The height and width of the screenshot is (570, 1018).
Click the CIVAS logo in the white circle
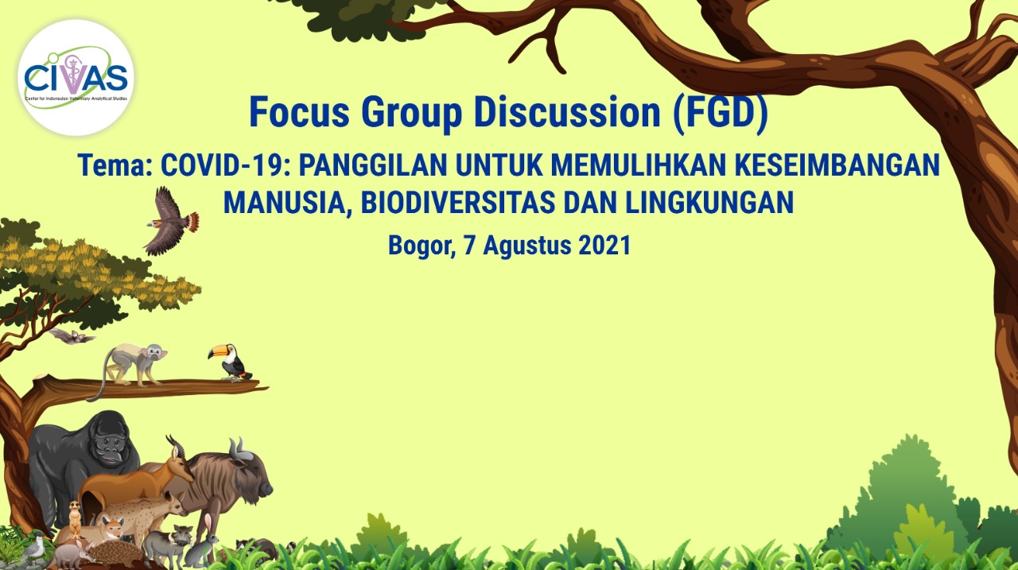tap(76, 78)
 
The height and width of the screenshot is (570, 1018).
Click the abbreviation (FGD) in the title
tap(721, 113)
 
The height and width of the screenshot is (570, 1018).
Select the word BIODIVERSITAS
tap(457, 202)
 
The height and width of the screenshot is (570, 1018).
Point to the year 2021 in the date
tap(604, 246)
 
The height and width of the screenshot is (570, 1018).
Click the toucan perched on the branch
tap(230, 362)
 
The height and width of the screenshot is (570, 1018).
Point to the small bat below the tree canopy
tap(72, 336)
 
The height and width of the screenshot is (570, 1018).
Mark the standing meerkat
tap(75, 518)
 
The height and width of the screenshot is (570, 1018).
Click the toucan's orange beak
tap(218, 351)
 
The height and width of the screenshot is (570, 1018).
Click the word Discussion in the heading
tap(567, 112)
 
